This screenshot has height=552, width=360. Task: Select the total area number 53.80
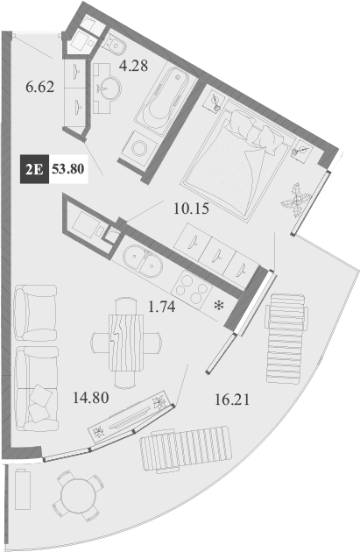pos(68,169)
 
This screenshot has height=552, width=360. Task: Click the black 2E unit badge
pos(34,169)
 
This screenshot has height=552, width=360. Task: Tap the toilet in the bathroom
pos(114,42)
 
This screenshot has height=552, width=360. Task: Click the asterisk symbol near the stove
pos(218,306)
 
